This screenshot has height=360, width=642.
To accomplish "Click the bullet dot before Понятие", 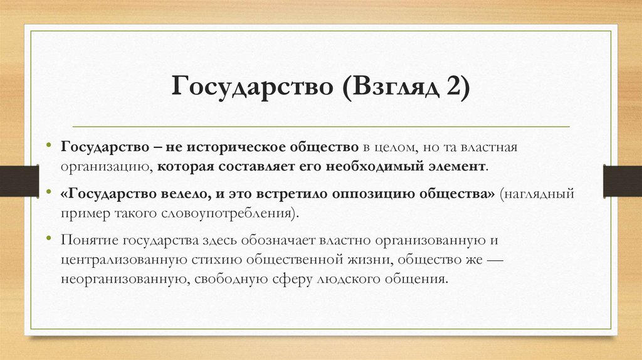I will point(49,239).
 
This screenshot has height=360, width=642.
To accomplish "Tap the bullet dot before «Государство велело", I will point(49,193).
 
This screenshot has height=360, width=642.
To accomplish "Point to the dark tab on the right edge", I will point(623,181).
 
